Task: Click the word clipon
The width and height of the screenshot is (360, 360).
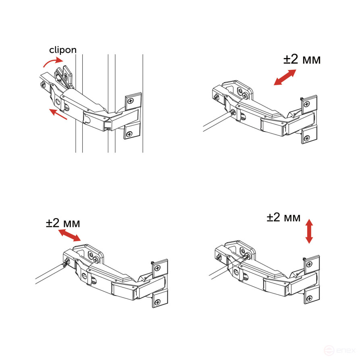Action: click(62, 50)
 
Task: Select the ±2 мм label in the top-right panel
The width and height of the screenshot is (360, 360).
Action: click(302, 60)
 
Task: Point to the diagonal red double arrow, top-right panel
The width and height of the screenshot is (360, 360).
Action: click(285, 77)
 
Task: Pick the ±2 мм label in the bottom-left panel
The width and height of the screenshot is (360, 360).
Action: click(63, 223)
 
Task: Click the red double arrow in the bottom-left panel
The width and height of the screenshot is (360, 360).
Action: click(70, 235)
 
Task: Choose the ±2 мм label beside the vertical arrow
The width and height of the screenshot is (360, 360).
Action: click(283, 218)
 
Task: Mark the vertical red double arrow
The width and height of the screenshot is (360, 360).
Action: click(309, 231)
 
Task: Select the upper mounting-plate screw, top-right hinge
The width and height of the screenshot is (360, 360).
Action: click(307, 104)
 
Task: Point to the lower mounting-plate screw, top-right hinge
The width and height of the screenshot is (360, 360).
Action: click(308, 138)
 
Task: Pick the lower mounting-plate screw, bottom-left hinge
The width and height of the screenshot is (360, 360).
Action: click(158, 301)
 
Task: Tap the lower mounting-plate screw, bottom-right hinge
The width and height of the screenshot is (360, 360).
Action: click(309, 299)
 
